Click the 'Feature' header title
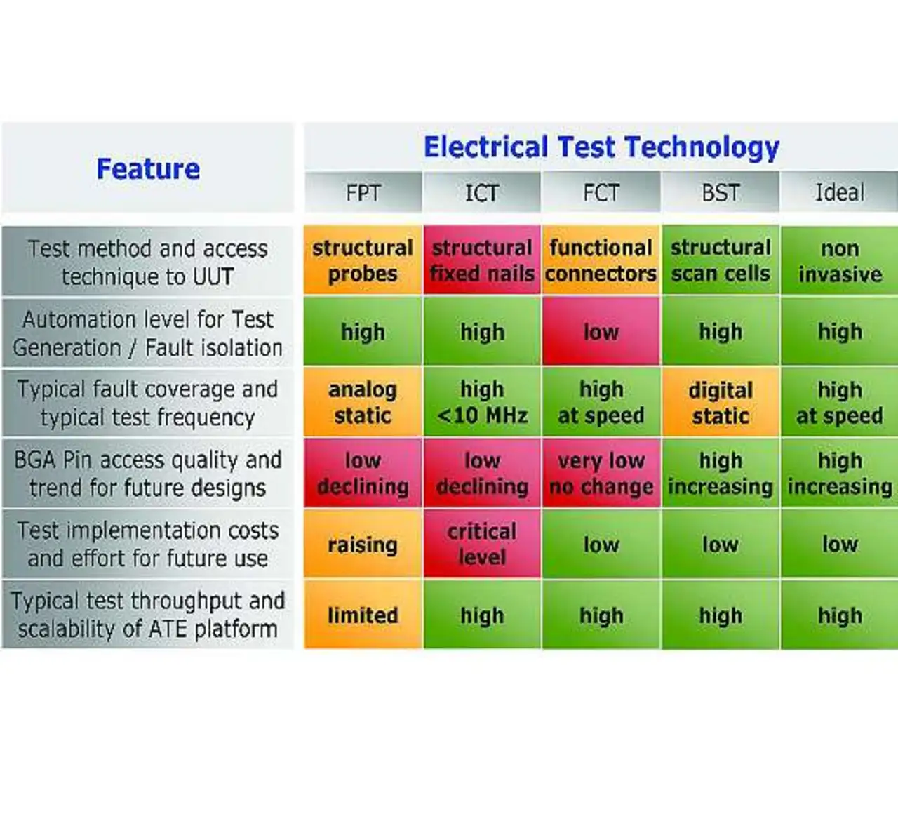click(148, 169)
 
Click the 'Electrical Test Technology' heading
click(601, 147)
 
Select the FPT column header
click(363, 192)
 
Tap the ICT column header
click(482, 192)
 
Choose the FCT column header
click(601, 192)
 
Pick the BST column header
click(721, 192)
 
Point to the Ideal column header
click(839, 192)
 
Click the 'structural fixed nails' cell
click(482, 260)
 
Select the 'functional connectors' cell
click(601, 260)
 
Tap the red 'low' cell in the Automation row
click(601, 332)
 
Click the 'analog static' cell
click(363, 402)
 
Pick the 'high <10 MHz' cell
click(482, 402)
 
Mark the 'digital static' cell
click(721, 402)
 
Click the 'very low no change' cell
click(601, 473)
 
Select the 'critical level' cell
click(482, 544)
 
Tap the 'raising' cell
click(363, 544)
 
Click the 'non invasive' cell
click(839, 260)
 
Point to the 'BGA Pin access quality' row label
click(148, 473)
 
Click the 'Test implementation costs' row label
click(148, 544)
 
